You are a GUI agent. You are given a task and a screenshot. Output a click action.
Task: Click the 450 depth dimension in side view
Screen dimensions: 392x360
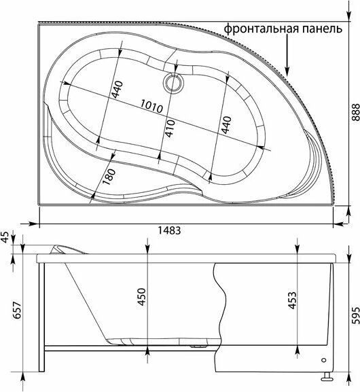[141, 297]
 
